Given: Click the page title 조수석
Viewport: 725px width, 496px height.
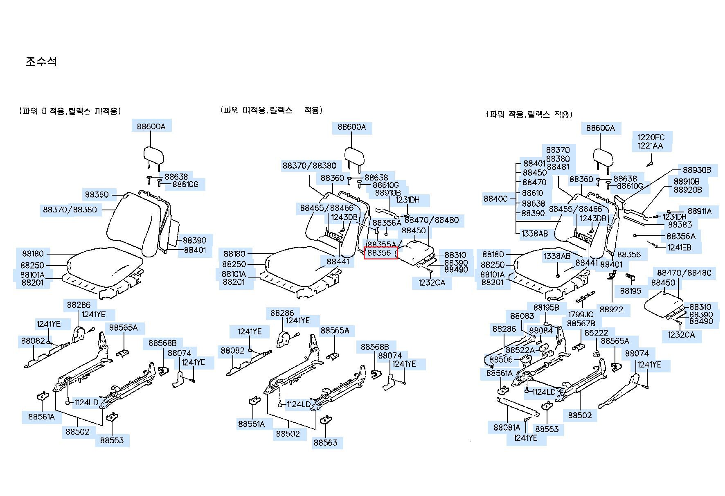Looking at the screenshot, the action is (x=41, y=61).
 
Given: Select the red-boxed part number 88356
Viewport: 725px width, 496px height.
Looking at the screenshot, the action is (x=379, y=253).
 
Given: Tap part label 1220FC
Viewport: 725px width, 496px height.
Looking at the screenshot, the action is (x=651, y=137).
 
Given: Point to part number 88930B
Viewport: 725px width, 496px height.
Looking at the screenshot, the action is (x=697, y=170).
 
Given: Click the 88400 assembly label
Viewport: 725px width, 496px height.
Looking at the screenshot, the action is (x=495, y=199).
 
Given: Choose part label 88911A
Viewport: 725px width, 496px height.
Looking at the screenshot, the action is (x=700, y=211).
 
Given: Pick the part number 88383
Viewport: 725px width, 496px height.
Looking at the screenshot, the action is (x=680, y=224).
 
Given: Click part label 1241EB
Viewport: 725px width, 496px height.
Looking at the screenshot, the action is (x=679, y=247).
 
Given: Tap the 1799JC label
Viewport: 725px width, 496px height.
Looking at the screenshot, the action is (x=581, y=314).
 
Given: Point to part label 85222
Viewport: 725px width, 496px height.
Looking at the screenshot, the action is (x=597, y=333).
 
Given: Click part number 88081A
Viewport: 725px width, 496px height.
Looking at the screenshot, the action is (x=507, y=428).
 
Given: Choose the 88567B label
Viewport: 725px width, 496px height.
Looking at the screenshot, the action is (x=581, y=323).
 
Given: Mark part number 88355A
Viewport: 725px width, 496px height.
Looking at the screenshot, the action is (x=382, y=244).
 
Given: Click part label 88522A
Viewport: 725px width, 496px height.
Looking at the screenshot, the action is (x=520, y=350).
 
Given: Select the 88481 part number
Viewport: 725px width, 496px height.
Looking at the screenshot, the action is (x=558, y=167).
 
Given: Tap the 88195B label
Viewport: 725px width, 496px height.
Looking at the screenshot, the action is (x=546, y=307).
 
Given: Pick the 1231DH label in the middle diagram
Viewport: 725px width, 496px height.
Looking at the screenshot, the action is (x=408, y=200).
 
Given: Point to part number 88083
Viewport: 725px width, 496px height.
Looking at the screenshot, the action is (x=522, y=316).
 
